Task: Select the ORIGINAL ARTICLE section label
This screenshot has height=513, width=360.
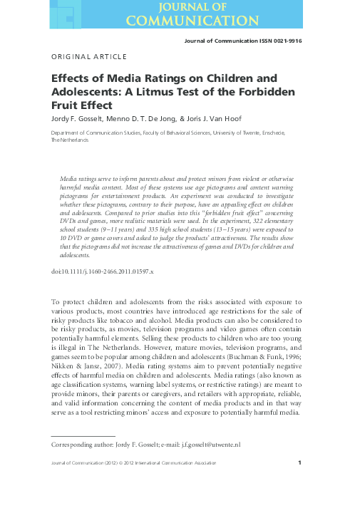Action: pyautogui.click(x=89, y=56)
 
